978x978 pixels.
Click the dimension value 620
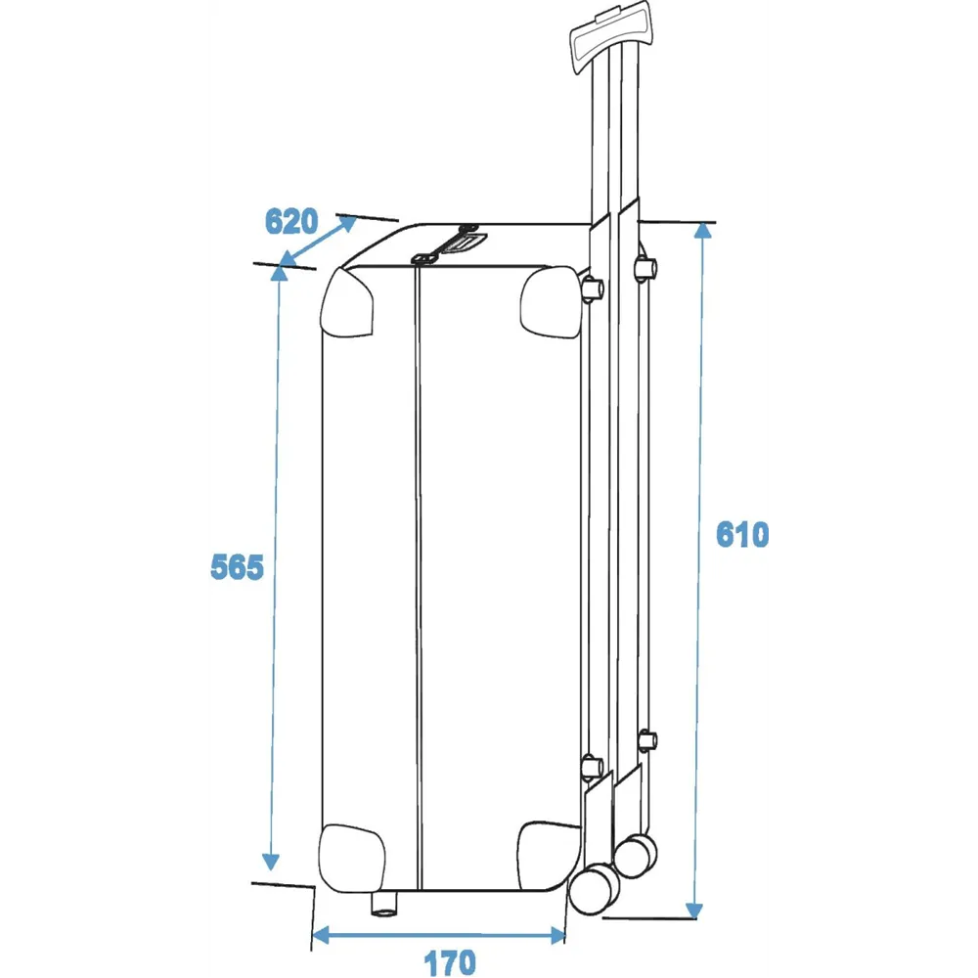point(291,221)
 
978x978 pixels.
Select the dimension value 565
point(237,567)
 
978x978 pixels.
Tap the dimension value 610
point(742,535)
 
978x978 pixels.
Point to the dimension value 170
point(450,962)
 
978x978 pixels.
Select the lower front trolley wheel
point(594,888)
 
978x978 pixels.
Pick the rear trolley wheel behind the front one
point(637,855)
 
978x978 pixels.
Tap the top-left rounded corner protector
point(347,302)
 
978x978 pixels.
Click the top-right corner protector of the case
point(550,302)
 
